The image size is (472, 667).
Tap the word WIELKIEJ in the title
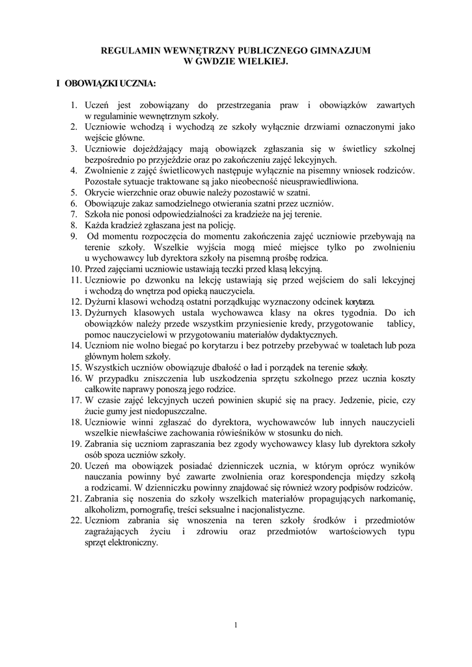click(260, 60)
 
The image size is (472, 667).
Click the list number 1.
click(74, 105)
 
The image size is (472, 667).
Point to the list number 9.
click(74, 236)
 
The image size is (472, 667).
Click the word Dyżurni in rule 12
click(102, 302)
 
